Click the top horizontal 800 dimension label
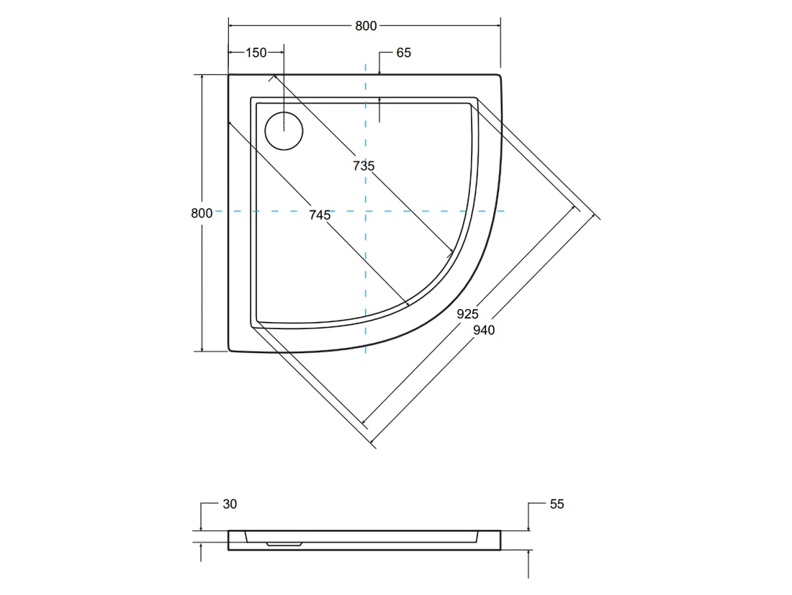click(366, 26)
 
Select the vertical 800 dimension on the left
click(202, 213)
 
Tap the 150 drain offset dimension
click(256, 53)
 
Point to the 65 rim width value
click(404, 53)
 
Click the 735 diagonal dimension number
click(364, 166)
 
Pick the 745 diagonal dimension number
click(320, 215)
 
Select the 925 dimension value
click(468, 314)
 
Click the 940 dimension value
click(484, 330)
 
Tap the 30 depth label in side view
click(230, 504)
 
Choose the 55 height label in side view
click(557, 504)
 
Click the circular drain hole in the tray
click(284, 131)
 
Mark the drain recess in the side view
click(284, 545)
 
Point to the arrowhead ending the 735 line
click(450, 251)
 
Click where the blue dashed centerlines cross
click(365, 211)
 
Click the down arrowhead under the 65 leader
click(379, 72)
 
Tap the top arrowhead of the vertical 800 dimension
click(202, 79)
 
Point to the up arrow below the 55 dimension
click(528, 553)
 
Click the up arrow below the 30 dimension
click(201, 547)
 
